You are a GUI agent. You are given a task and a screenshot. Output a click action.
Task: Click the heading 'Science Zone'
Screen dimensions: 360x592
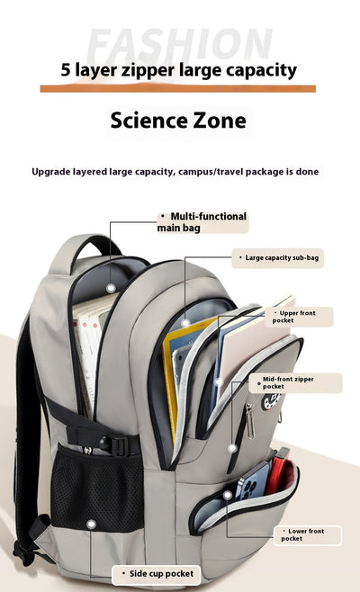point(178,121)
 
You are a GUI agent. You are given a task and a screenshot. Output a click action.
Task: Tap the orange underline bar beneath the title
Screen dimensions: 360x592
point(178,89)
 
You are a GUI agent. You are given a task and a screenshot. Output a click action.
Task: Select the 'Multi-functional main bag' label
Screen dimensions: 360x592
point(202,222)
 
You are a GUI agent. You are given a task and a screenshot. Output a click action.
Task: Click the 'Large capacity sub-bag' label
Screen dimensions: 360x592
point(277,258)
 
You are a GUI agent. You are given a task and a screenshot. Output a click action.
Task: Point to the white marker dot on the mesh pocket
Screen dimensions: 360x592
point(91,524)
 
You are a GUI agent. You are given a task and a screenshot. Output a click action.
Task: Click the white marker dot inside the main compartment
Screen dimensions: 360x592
point(111,288)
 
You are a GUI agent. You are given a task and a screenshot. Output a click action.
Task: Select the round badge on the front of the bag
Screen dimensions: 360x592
point(271,401)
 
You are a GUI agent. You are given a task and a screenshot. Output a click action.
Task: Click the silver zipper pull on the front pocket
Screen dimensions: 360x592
point(250,422)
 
